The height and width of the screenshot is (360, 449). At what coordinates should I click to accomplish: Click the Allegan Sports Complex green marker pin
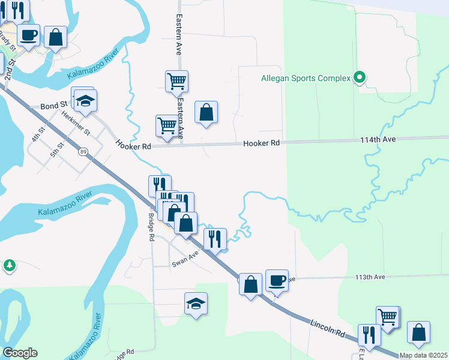click(x=360, y=77)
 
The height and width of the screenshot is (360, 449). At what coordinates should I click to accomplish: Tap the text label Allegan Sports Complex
click(x=305, y=78)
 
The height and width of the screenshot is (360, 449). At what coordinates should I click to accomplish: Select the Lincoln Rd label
click(x=327, y=328)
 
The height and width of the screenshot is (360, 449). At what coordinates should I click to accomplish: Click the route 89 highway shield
click(x=83, y=152)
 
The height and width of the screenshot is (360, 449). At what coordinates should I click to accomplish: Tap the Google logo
click(x=20, y=353)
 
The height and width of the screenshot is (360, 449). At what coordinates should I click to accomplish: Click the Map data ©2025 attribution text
click(x=424, y=355)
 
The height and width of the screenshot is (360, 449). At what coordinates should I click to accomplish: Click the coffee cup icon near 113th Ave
click(x=277, y=280)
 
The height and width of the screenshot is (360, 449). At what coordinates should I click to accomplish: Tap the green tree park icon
click(x=9, y=265)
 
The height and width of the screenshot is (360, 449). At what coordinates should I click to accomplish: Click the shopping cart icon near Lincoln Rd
click(x=388, y=316)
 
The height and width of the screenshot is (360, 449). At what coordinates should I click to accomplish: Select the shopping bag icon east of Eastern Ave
click(x=206, y=112)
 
